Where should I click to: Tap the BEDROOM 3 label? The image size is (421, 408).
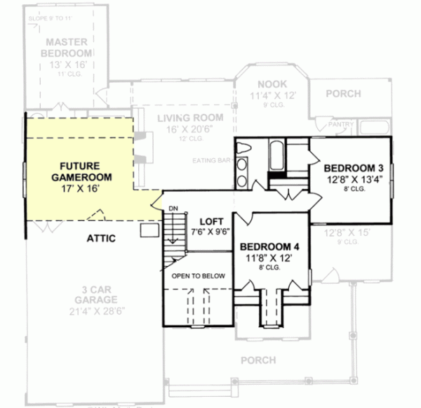354,168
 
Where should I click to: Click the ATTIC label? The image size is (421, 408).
101,238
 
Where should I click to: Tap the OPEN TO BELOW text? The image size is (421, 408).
199,276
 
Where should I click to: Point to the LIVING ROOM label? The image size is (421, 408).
190,117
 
